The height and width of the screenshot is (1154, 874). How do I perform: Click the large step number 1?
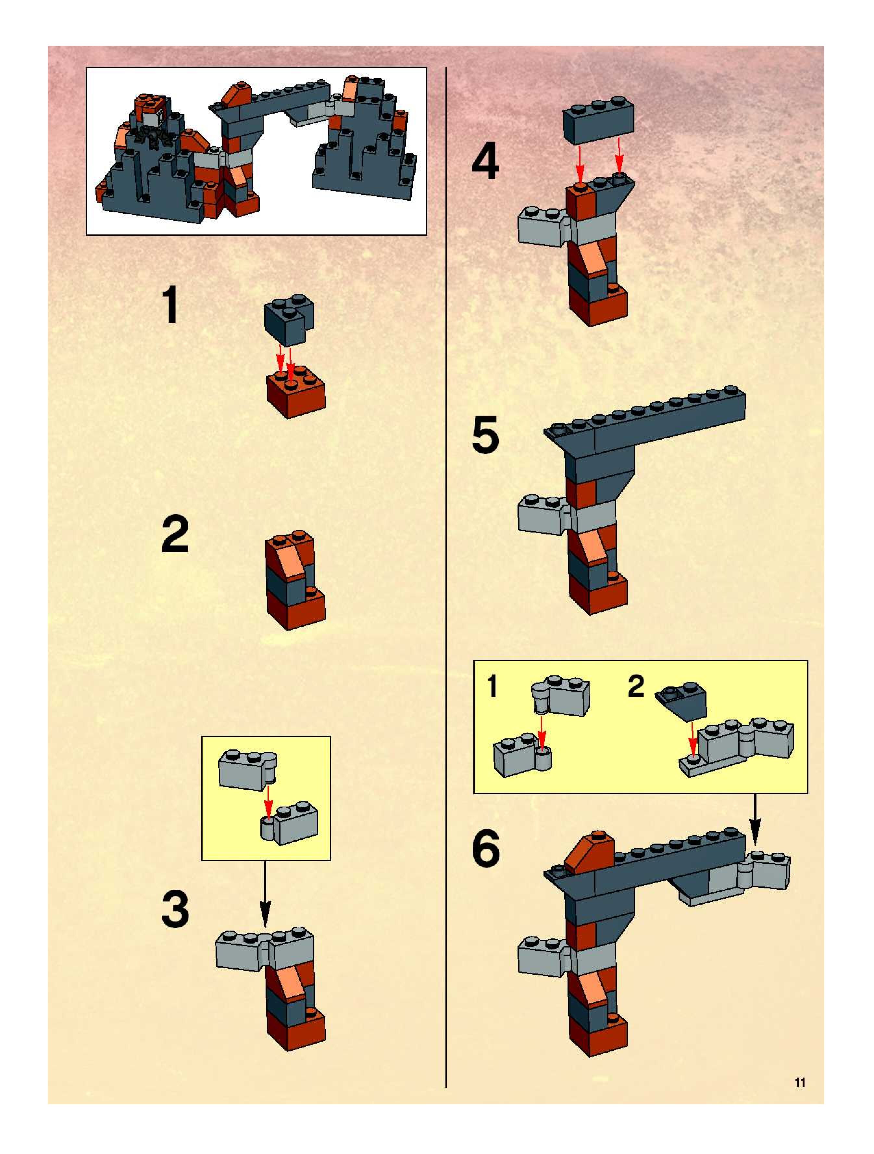pyautogui.click(x=171, y=304)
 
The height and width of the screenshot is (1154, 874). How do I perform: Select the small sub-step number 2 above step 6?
pyautogui.click(x=636, y=686)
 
